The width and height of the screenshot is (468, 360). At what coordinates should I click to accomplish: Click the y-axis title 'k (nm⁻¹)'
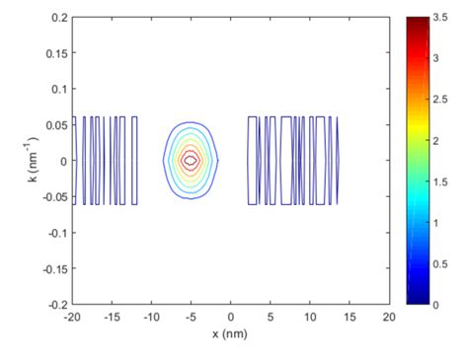[x=28, y=160]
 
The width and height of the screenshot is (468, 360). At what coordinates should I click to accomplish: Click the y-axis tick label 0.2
[x=59, y=18]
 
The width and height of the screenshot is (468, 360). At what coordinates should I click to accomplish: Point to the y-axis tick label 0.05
[x=56, y=124]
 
